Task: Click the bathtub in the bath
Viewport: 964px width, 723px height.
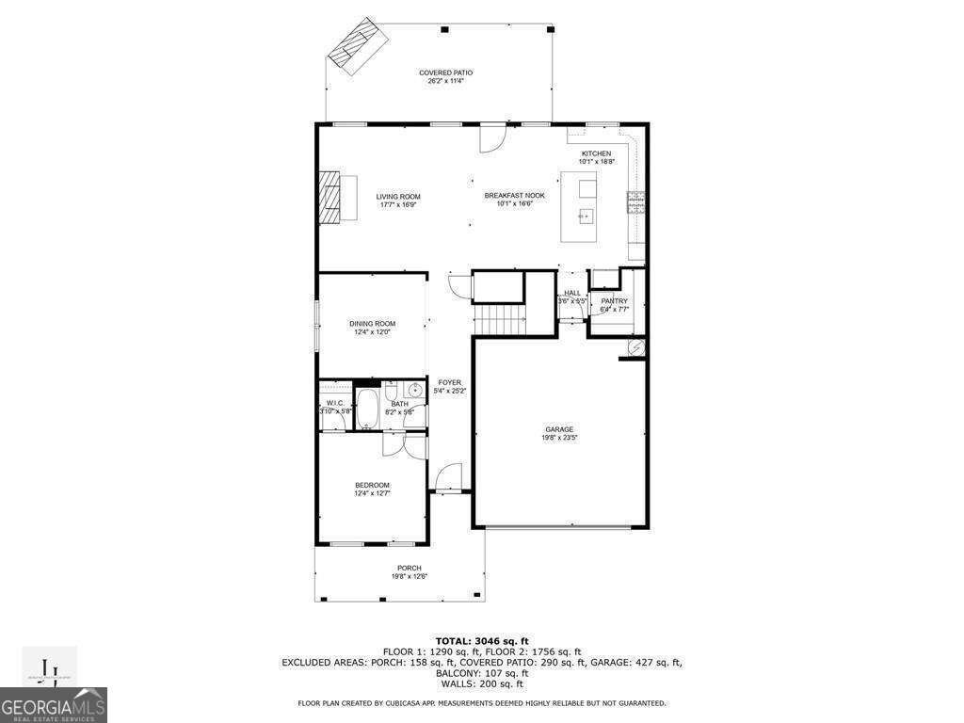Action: tap(366, 409)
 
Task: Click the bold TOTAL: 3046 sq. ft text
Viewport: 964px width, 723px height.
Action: tap(481, 640)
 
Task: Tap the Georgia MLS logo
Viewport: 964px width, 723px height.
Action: tap(54, 704)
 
